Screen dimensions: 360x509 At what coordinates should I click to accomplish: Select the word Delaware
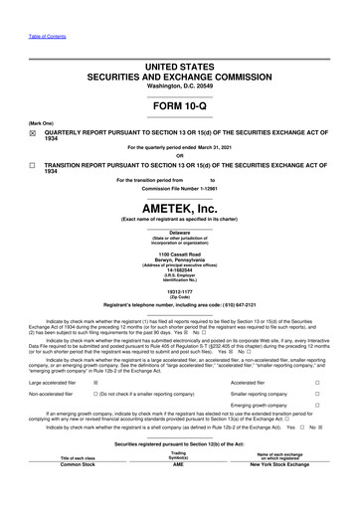179,231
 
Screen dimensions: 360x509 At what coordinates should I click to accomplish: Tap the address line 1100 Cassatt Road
179,254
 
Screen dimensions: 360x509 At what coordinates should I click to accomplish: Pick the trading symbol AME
179,464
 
